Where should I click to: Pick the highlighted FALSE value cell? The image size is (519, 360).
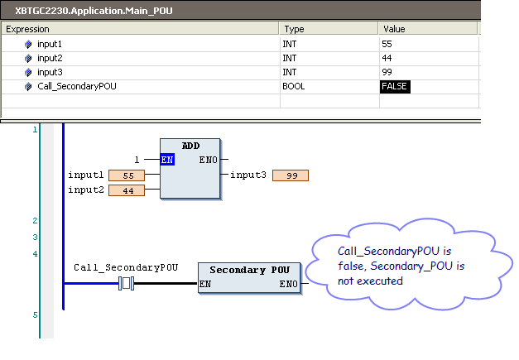point(395,86)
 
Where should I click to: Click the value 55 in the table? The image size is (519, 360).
point(387,44)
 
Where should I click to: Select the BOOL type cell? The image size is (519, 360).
point(293,86)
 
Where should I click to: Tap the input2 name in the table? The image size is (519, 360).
point(50,58)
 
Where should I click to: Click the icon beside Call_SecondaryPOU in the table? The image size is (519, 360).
point(28,87)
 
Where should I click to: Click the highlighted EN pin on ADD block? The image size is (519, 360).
point(167,160)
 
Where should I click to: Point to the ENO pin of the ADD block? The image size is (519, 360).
point(209,160)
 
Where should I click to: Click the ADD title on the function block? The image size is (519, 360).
point(190,146)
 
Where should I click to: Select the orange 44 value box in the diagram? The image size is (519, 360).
point(127,190)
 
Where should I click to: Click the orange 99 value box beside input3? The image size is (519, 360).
point(291,175)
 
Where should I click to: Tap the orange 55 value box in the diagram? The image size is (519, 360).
point(127,175)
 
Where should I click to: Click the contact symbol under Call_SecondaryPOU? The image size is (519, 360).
point(126,284)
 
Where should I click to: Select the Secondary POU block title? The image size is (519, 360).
point(250,270)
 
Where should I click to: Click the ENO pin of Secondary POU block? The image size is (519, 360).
point(288,284)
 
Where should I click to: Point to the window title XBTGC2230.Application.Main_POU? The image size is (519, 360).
point(94,11)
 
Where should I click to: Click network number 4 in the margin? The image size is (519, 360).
point(35,254)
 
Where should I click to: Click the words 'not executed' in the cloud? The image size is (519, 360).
point(370,281)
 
